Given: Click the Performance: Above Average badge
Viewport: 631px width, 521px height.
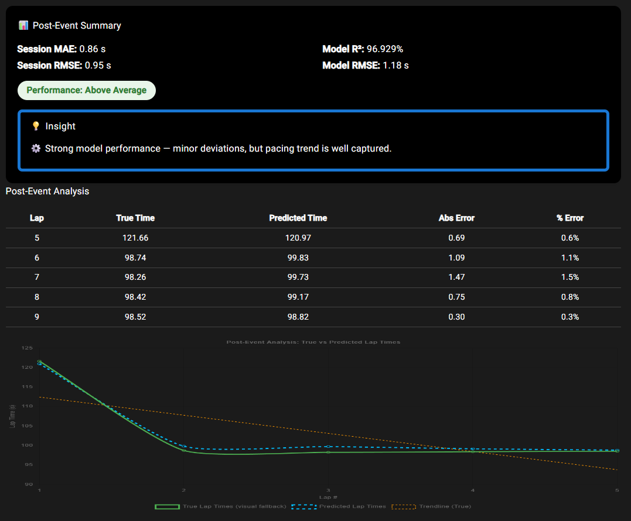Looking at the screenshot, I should tap(87, 90).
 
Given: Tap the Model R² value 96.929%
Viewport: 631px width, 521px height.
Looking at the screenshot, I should tap(385, 49).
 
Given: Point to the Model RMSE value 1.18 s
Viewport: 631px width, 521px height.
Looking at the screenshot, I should tap(395, 66).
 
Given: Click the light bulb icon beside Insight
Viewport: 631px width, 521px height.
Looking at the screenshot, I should tap(36, 126).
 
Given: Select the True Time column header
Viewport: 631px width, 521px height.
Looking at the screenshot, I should tap(135, 218).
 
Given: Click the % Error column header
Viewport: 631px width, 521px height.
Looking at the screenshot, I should tap(570, 218).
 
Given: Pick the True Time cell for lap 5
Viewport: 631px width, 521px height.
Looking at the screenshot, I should tap(135, 238).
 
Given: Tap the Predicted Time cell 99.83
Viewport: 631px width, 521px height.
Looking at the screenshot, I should tap(298, 258).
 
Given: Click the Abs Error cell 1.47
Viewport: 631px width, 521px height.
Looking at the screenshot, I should tap(456, 277).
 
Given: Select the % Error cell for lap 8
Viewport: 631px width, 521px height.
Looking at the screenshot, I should tap(570, 297).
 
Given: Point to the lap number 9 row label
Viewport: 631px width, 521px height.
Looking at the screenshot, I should tap(37, 317).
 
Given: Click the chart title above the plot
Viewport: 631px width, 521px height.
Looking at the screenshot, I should tap(313, 342).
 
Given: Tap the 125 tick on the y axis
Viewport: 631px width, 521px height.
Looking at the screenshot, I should tap(27, 348).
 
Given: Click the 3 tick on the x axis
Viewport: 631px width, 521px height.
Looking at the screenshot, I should tap(328, 490).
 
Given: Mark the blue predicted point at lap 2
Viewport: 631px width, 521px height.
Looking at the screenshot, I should tap(184, 447).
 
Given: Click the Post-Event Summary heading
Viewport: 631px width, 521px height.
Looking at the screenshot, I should tap(77, 26).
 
